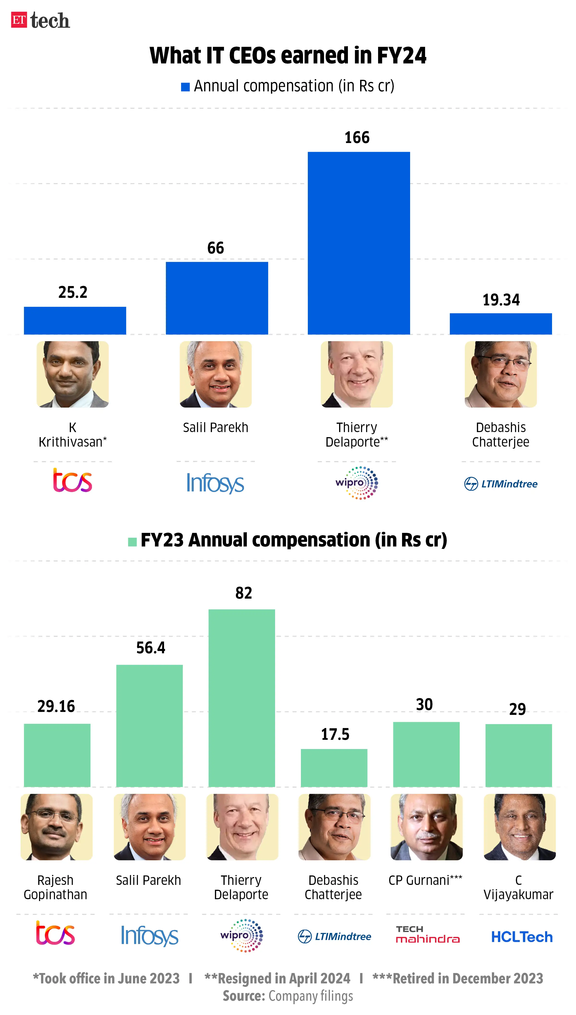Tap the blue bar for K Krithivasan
[x=75, y=320]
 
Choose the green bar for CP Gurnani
[x=426, y=754]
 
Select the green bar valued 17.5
[x=334, y=767]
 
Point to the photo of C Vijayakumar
[x=519, y=827]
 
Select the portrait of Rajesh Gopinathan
[x=57, y=827]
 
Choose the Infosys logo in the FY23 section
[x=150, y=936]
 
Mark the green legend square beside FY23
[x=132, y=541]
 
